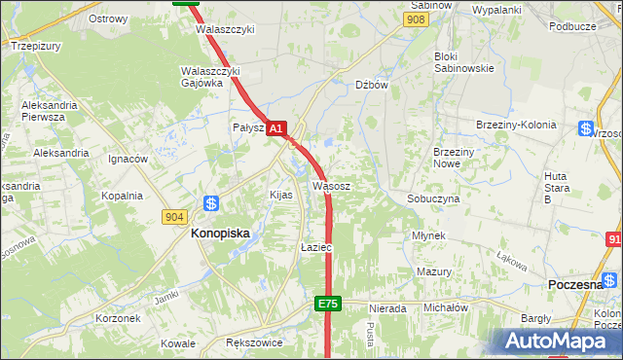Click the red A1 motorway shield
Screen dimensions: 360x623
click(x=276, y=128)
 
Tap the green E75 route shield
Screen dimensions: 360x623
click(x=328, y=305)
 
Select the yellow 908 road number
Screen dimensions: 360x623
click(x=417, y=19)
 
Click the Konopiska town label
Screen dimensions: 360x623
click(x=220, y=234)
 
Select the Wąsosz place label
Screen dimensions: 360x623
click(x=331, y=185)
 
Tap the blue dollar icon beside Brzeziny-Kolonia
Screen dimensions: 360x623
click(x=585, y=128)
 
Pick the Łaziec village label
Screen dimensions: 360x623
click(x=316, y=248)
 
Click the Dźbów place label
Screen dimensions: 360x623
click(x=372, y=85)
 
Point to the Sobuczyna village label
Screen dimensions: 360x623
click(x=432, y=198)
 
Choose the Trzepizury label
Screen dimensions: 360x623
click(x=35, y=45)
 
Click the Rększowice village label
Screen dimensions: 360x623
click(x=253, y=343)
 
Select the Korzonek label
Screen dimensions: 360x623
click(x=119, y=318)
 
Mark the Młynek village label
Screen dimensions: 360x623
click(x=428, y=235)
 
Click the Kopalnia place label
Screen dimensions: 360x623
click(x=123, y=196)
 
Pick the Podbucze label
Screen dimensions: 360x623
click(x=572, y=26)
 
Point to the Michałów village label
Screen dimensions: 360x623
click(x=445, y=307)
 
